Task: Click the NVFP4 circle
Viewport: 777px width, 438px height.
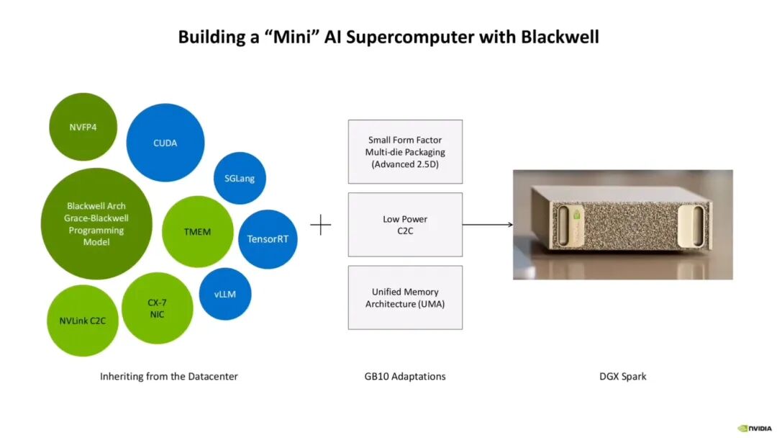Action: tap(83, 127)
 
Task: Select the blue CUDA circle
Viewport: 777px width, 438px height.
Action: tap(165, 143)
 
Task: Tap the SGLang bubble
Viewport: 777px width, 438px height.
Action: tap(240, 178)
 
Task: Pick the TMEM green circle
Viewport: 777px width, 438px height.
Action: tap(197, 232)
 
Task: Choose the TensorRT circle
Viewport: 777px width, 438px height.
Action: tap(268, 239)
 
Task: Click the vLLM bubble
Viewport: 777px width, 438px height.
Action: tap(225, 294)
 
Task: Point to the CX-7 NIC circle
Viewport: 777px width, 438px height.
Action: tap(157, 308)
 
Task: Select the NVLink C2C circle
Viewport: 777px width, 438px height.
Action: tap(82, 321)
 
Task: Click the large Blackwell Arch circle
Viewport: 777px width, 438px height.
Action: tap(96, 224)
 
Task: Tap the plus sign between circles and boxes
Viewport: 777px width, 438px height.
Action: tap(321, 225)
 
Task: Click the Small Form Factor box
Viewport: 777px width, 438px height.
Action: tap(405, 152)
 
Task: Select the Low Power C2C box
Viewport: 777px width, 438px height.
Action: tap(405, 225)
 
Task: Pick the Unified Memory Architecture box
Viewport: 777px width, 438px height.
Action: tap(405, 298)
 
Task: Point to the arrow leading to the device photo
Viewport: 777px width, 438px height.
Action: tap(488, 225)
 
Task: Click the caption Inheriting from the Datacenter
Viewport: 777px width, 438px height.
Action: tap(169, 377)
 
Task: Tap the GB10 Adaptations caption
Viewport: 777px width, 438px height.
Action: tap(405, 377)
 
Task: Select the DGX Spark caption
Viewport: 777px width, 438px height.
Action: tap(623, 377)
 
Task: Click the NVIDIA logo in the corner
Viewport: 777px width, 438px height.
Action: tap(755, 428)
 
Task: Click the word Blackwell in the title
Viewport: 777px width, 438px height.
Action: tap(560, 37)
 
